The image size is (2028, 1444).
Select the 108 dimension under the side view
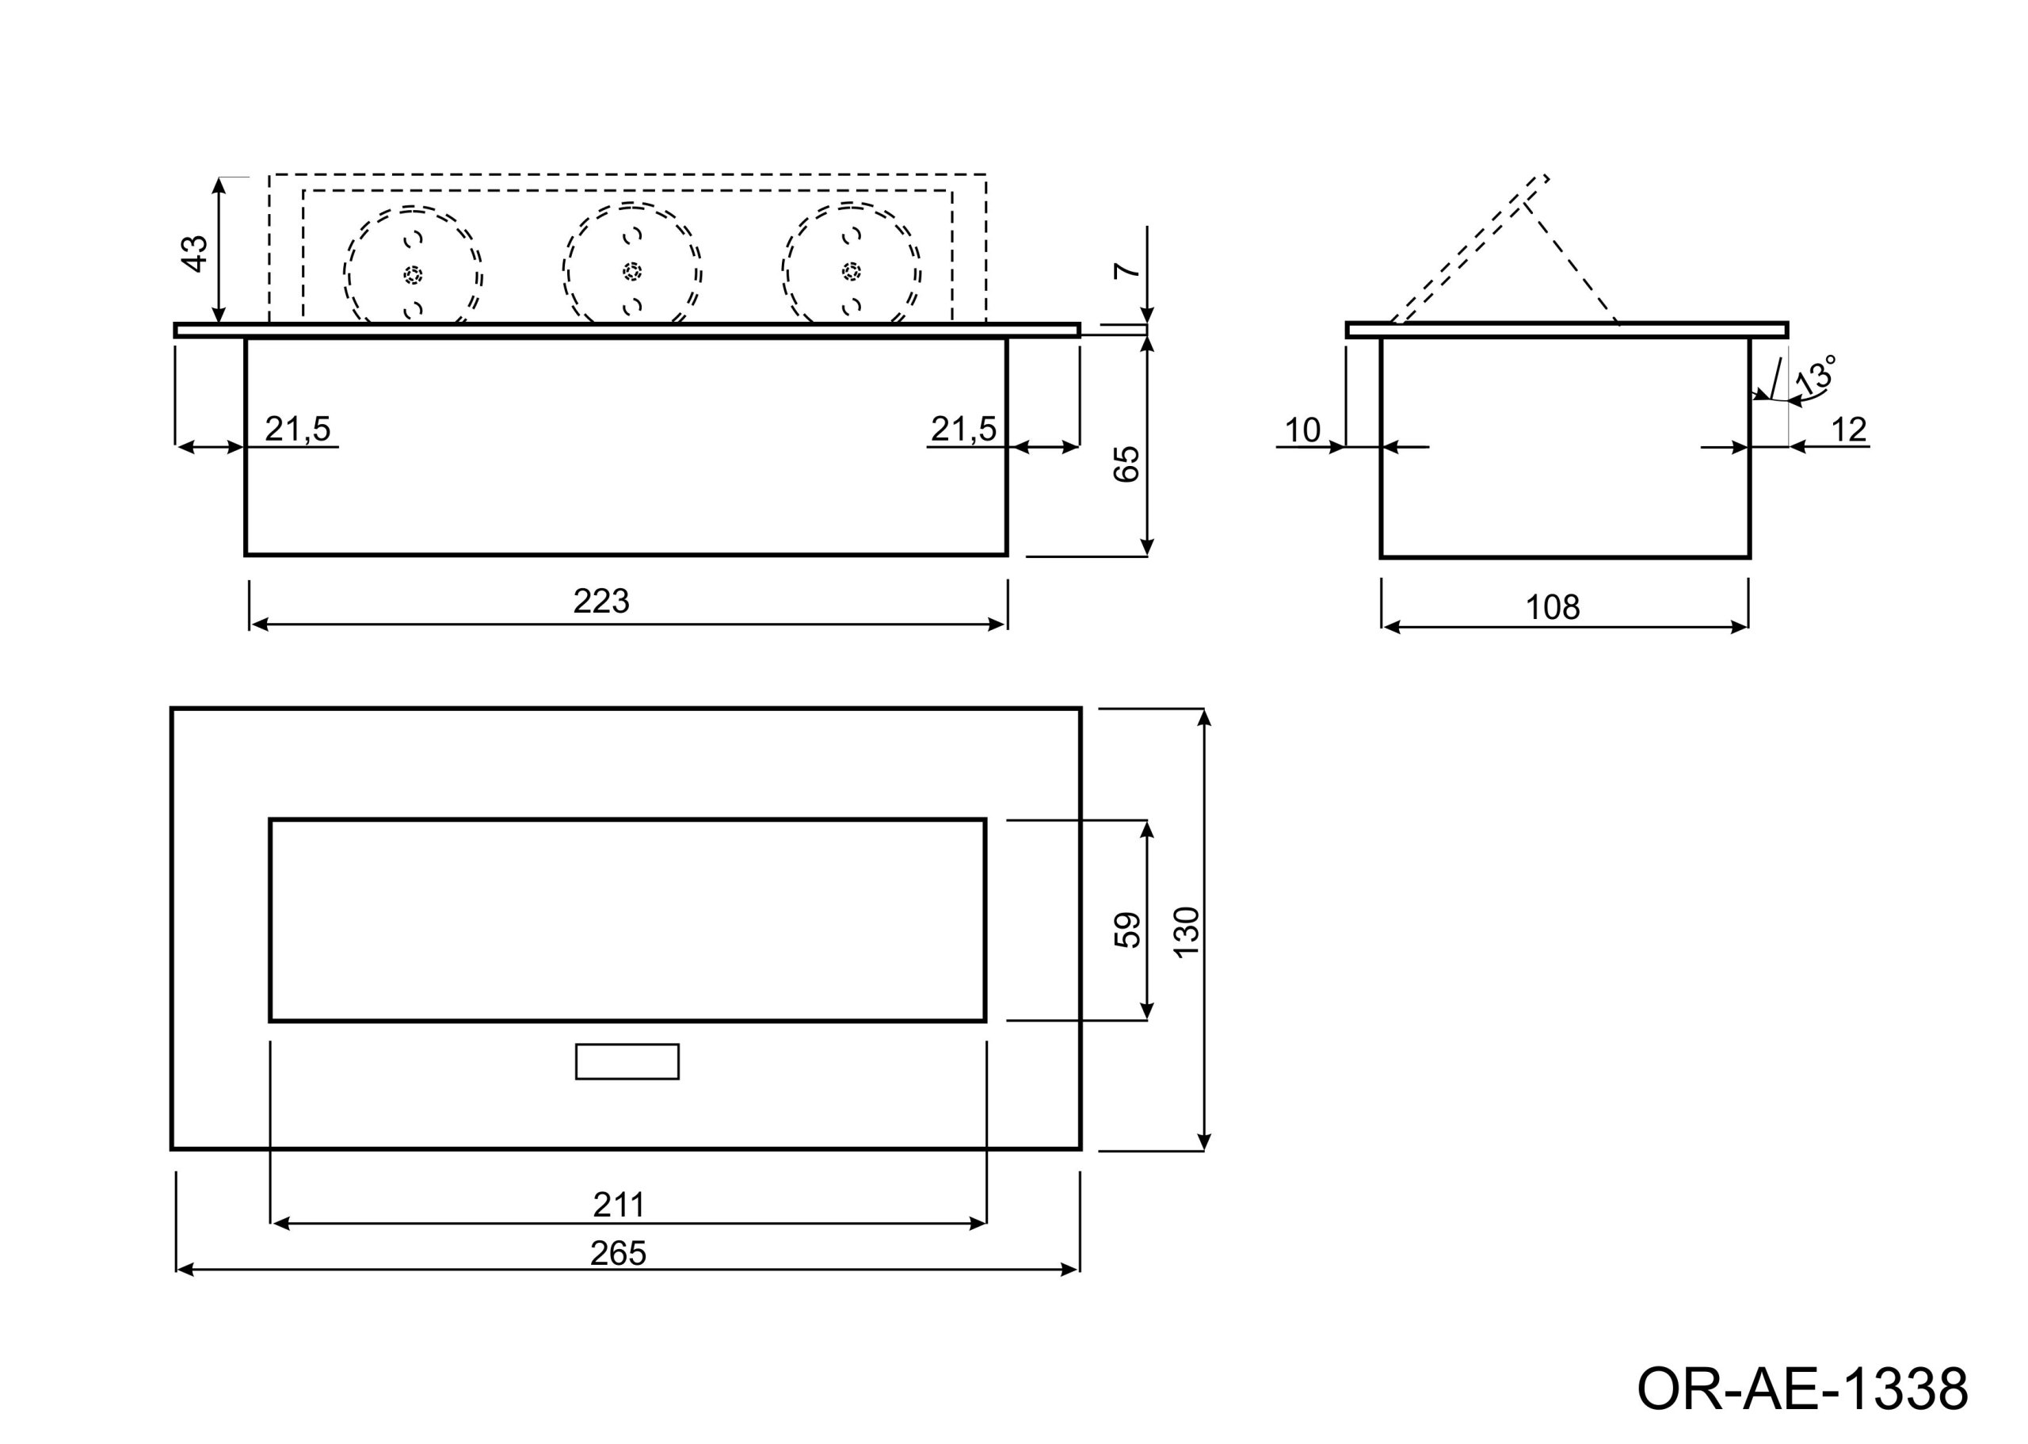point(1553,607)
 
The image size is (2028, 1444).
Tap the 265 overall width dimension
point(619,1254)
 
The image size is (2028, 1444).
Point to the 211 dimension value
point(619,1205)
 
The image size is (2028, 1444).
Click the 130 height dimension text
point(1187,932)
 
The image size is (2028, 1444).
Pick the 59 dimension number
point(1128,930)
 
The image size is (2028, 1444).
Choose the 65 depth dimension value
point(1126,464)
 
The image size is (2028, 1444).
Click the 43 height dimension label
point(194,254)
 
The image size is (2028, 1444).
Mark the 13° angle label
point(1815,374)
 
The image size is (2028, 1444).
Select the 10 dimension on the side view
point(1303,430)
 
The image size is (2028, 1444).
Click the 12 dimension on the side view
point(1850,430)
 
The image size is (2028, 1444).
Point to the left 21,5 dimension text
point(298,429)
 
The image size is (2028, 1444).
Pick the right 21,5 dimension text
point(964,429)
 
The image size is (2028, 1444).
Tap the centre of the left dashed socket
point(414,275)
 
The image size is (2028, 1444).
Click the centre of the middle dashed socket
point(632,269)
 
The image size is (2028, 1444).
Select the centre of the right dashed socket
point(852,270)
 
